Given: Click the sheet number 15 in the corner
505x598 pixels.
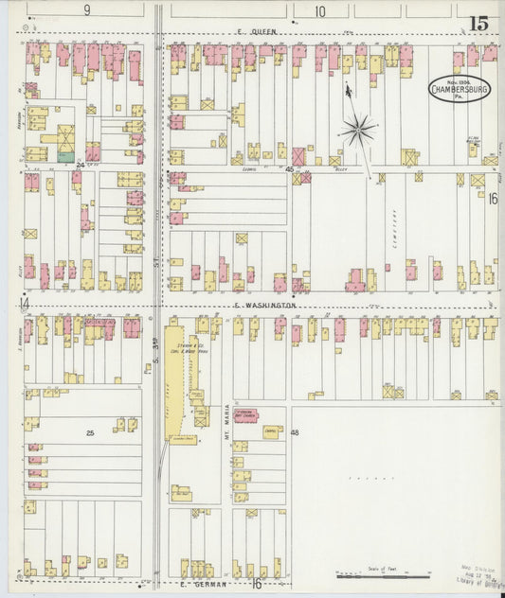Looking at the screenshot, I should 478,23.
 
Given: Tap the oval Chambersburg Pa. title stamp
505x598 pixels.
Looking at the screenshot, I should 460,87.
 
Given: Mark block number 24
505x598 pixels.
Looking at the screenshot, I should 81,165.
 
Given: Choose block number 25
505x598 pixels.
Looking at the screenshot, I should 90,433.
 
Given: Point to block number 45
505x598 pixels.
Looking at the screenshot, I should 289,169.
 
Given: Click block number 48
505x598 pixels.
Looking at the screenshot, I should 295,432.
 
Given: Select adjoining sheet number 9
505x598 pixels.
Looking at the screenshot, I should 86,10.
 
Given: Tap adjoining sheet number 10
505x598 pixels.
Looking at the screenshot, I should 320,10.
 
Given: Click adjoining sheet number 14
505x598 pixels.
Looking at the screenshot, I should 25,303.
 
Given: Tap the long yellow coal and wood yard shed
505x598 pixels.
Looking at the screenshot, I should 175,378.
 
